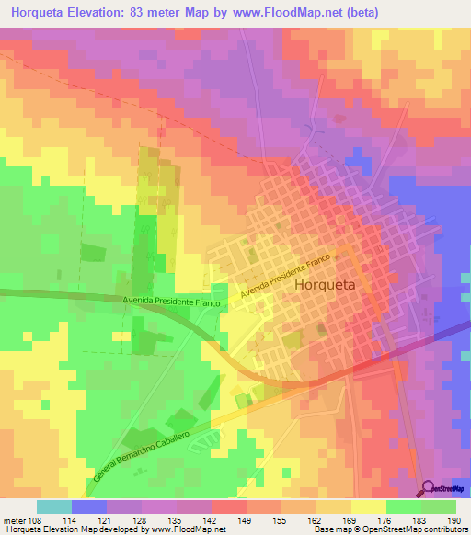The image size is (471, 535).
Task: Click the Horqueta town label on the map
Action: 329,286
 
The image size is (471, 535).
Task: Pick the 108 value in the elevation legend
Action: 37,519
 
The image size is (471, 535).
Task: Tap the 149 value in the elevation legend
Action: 246,519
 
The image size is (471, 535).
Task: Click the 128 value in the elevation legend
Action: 141,519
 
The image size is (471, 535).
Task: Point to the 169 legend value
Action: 350,519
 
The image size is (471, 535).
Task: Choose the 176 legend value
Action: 385,519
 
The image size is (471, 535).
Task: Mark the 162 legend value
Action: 316,519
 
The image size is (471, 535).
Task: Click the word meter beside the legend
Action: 13,519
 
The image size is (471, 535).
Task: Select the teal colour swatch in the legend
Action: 54,507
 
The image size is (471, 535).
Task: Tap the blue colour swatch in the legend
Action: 89,507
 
